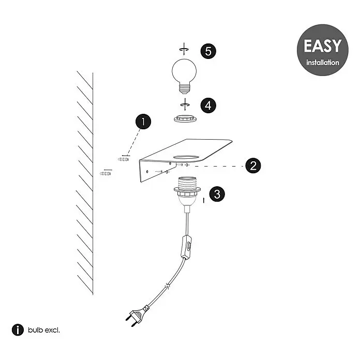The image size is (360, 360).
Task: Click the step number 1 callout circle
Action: (x=143, y=122)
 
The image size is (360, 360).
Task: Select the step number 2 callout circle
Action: (x=253, y=166)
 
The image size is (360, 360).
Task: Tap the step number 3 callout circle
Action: (x=217, y=194)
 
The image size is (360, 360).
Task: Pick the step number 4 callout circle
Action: (x=208, y=106)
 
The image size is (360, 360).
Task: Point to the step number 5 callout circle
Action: (x=208, y=51)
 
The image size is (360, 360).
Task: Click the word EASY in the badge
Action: (x=323, y=46)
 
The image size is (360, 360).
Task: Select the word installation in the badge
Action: (x=323, y=63)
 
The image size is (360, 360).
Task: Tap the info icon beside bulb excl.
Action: (x=18, y=330)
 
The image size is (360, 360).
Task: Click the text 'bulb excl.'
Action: (x=44, y=330)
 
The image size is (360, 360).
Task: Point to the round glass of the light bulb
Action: (x=184, y=71)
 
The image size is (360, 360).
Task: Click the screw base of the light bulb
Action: (x=184, y=89)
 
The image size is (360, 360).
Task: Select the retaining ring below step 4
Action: (x=185, y=118)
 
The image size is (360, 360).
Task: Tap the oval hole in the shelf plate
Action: (x=186, y=157)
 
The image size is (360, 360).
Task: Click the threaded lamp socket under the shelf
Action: (x=187, y=191)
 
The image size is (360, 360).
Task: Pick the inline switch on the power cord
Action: (x=186, y=247)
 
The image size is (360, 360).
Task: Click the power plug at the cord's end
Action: (x=137, y=315)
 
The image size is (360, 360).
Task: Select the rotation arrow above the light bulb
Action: (x=184, y=49)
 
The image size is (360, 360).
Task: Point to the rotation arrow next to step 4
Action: (x=185, y=104)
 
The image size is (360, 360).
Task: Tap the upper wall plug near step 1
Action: (x=123, y=159)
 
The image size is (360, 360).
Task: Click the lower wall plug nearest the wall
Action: (x=106, y=173)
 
